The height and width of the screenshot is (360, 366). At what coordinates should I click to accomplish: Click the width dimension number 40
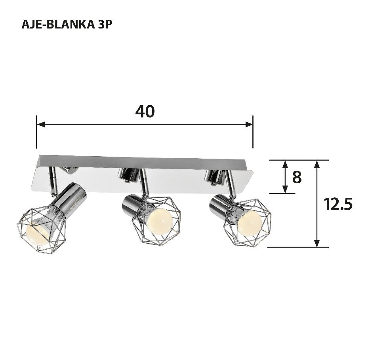(145, 112)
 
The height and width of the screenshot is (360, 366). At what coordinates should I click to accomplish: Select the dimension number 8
(297, 178)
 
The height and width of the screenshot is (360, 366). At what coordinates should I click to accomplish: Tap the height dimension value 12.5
(337, 204)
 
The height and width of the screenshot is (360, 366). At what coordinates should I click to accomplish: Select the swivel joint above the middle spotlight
(128, 174)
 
